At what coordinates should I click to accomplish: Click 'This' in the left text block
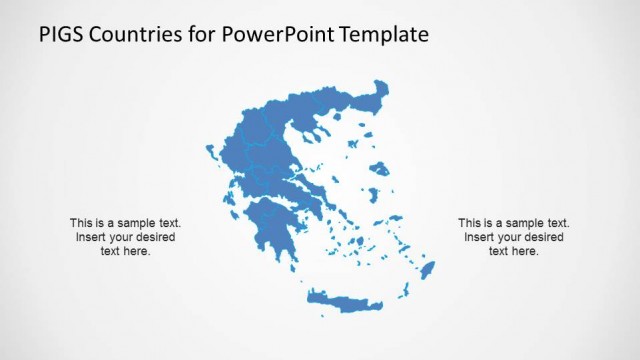81,223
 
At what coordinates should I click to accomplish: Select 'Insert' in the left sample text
91,237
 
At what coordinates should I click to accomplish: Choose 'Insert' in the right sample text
480,237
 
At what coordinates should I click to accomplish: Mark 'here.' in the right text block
526,251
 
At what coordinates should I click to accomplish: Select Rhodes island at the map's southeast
427,271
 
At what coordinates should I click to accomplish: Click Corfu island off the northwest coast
211,153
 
